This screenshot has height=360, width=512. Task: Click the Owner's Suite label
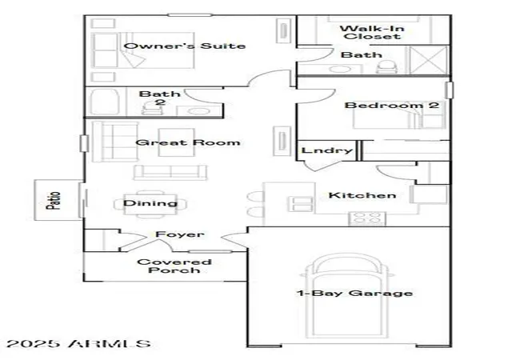pyautogui.click(x=185, y=46)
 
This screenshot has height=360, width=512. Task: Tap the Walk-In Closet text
pyautogui.click(x=372, y=33)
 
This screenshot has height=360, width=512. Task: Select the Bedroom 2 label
pyautogui.click(x=391, y=105)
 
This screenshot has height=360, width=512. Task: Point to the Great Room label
pyautogui.click(x=188, y=142)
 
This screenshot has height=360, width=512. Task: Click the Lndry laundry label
pyautogui.click(x=327, y=150)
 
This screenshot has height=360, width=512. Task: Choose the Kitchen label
pyautogui.click(x=362, y=195)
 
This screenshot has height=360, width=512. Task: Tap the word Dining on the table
pyautogui.click(x=150, y=203)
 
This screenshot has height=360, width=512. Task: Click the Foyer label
pyautogui.click(x=179, y=234)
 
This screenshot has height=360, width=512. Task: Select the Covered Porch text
pyautogui.click(x=174, y=266)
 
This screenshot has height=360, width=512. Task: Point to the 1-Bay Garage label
pyautogui.click(x=354, y=293)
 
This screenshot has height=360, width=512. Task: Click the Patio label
pyautogui.click(x=54, y=200)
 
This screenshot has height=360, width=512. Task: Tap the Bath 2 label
pyautogui.click(x=160, y=98)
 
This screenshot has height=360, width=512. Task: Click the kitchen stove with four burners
pyautogui.click(x=367, y=218)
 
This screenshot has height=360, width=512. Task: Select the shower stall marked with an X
pyautogui.click(x=429, y=61)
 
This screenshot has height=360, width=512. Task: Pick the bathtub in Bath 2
pyautogui.click(x=104, y=102)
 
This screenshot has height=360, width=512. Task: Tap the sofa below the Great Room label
pyautogui.click(x=170, y=172)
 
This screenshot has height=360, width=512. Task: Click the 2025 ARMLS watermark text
pyautogui.click(x=78, y=343)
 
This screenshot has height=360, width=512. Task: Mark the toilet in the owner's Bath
pyautogui.click(x=386, y=67)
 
